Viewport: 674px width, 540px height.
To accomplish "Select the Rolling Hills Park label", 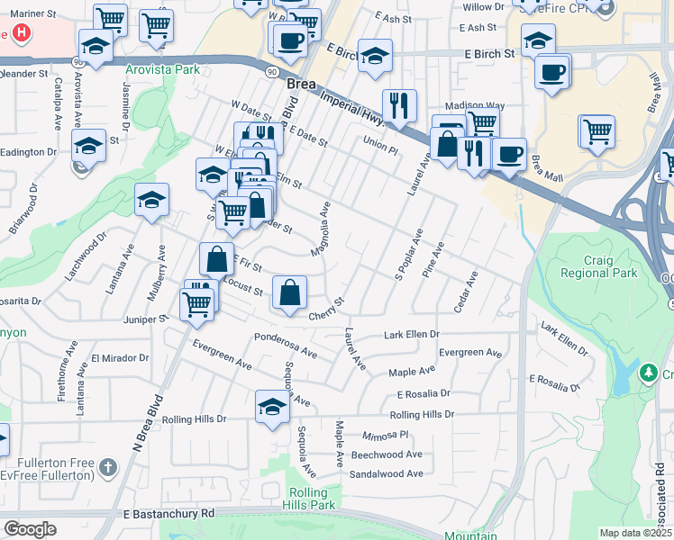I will point(313,499).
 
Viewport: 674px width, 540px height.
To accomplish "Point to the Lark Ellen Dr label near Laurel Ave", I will point(411,334).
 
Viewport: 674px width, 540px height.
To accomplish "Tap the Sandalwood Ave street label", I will point(386,473).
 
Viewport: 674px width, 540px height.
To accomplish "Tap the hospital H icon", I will point(20,34).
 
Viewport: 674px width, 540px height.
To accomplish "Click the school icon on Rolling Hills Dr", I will point(272,407).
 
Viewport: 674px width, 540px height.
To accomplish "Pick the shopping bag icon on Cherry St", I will point(289,293).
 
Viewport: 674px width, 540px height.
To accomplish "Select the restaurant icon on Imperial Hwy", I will point(398,104).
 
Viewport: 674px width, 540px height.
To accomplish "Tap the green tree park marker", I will point(647,372).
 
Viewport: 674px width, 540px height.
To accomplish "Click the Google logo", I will point(30,528).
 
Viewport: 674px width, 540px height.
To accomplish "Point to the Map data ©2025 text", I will point(634,533).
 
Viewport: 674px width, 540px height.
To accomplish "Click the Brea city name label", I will point(301,83).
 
